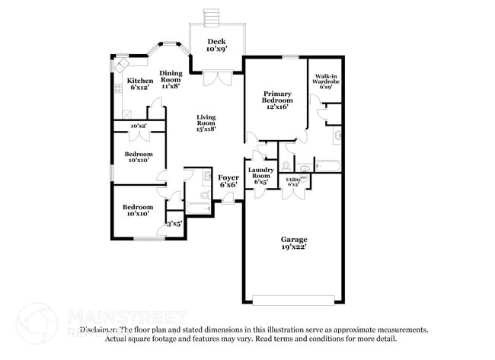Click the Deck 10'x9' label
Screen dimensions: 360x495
click(216, 45)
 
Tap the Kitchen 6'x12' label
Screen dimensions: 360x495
click(139, 84)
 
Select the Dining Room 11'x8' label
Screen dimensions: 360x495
click(170, 79)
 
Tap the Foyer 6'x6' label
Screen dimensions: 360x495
click(228, 180)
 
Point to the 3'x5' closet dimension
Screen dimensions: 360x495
click(174, 224)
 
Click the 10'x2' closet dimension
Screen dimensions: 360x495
click(138, 126)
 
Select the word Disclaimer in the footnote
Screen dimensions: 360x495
click(100, 330)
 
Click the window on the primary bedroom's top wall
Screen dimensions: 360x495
click(289, 56)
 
